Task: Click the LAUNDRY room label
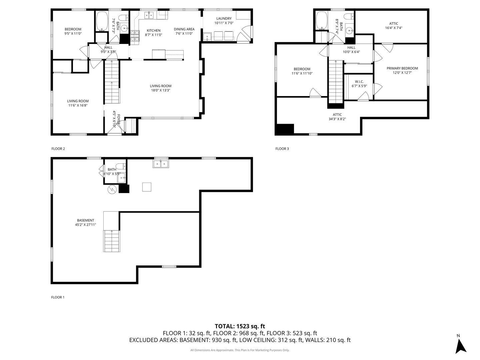coord(224,19)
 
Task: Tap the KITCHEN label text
coord(154,31)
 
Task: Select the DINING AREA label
coord(184,29)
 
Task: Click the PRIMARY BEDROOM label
coord(402,68)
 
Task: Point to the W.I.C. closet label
coord(359,82)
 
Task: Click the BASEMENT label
coord(86,220)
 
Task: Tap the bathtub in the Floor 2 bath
coord(102,21)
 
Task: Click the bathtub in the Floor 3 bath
coord(321,20)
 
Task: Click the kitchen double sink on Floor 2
coord(149,15)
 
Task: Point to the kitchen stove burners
coord(135,36)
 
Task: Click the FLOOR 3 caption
coord(282,149)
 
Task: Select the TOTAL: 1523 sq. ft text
coord(240,326)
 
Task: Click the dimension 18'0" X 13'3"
coord(161,90)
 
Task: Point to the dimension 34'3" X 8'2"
coord(337,119)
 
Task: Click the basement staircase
coord(112,241)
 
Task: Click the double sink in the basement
coord(161,164)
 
